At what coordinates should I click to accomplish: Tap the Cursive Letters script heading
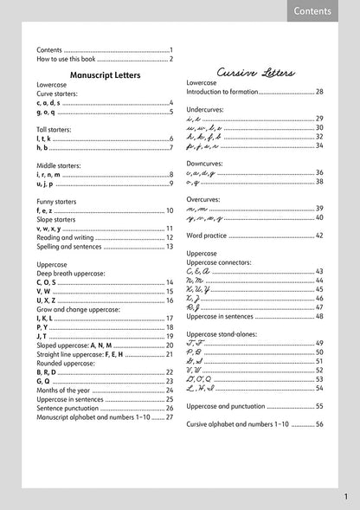[x=256, y=73]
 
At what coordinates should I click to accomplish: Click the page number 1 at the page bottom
[x=345, y=497]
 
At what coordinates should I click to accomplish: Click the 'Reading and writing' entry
[x=65, y=237]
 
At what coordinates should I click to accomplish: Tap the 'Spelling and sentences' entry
[x=69, y=247]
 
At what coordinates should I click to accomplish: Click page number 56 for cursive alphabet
[x=319, y=424]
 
